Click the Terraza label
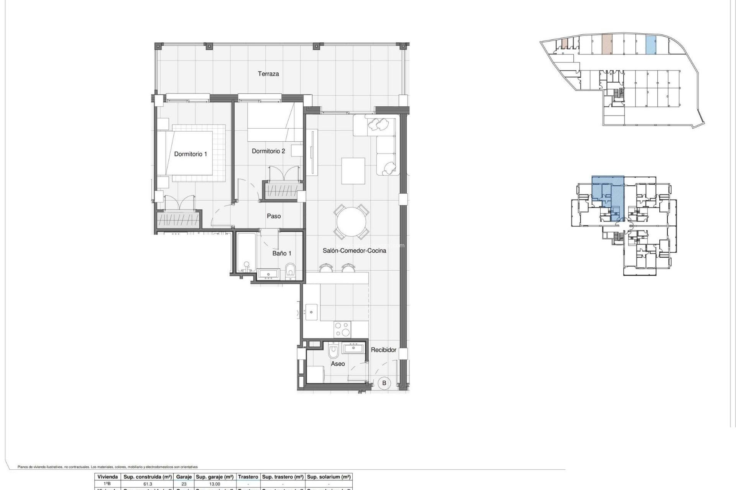[268, 73]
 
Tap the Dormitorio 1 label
[190, 154]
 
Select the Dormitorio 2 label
[268, 151]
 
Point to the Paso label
[274, 216]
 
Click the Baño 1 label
[282, 253]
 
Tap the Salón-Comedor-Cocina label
[354, 250]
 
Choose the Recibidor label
[383, 350]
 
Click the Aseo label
[338, 364]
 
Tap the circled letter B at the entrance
[384, 383]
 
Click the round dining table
[352, 222]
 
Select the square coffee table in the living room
[353, 171]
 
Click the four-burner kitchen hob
[342, 329]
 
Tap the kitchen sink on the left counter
[311, 312]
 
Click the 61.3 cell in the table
[148, 484]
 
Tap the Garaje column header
[184, 477]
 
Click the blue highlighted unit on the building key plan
[608, 198]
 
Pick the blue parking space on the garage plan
[651, 44]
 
